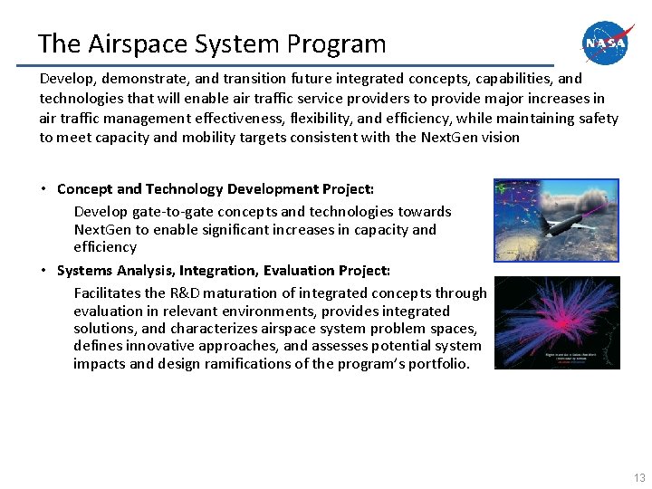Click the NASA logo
(x=609, y=43)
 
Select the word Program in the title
(x=340, y=43)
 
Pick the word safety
(x=597, y=119)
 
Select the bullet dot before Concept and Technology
(x=43, y=188)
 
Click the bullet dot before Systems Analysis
(x=43, y=270)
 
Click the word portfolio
(x=439, y=364)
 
